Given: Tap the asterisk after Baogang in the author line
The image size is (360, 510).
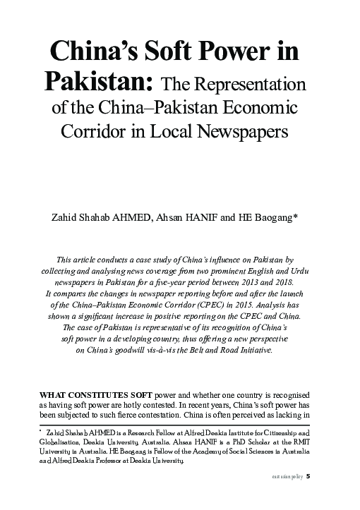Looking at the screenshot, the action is (296, 216).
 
